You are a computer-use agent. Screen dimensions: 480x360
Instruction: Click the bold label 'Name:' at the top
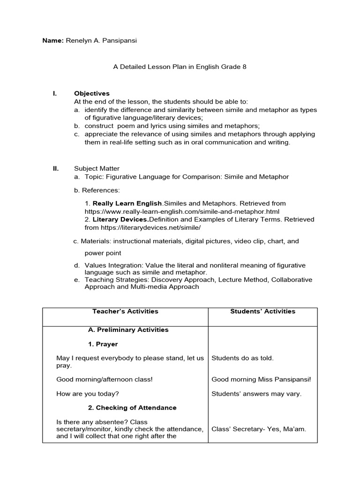click(53, 41)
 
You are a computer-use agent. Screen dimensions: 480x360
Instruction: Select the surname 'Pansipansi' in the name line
click(121, 41)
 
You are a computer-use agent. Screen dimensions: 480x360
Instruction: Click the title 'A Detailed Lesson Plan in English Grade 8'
click(180, 67)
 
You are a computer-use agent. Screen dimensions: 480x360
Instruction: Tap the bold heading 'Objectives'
click(91, 94)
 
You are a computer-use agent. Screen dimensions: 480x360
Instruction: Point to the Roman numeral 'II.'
click(55, 168)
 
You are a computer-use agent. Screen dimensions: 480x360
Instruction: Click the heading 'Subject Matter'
click(97, 168)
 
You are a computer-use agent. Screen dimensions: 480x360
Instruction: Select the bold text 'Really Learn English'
click(127, 203)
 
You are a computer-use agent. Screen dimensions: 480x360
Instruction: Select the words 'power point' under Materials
click(103, 253)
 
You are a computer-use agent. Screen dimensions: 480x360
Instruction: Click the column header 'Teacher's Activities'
click(125, 311)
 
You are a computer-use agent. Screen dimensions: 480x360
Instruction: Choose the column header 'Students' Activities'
click(262, 311)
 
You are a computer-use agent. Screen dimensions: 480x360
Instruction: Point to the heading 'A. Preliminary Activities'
click(128, 330)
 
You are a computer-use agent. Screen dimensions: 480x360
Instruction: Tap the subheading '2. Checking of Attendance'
click(132, 408)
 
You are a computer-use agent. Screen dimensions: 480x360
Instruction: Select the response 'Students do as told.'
click(242, 358)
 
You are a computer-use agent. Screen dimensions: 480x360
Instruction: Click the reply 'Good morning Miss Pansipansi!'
click(261, 379)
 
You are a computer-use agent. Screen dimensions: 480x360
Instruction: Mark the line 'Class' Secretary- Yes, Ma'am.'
click(259, 429)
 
